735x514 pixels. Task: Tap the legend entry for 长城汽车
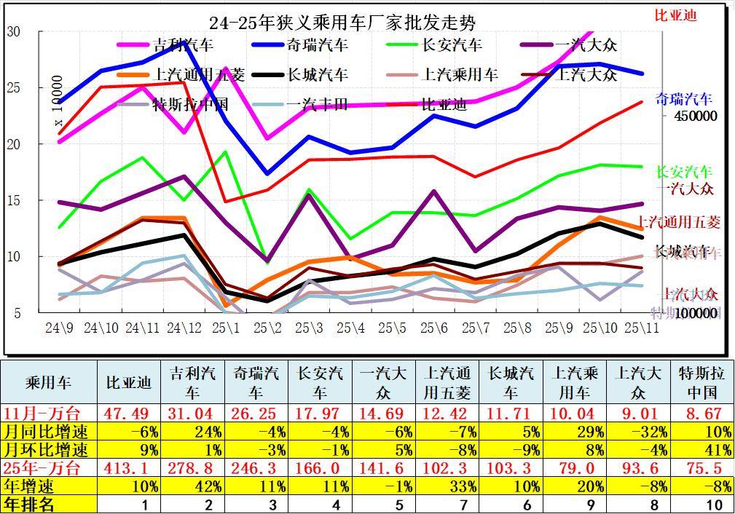coord(318,74)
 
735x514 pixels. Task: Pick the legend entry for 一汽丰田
coord(318,103)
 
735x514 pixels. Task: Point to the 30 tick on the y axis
coord(13,32)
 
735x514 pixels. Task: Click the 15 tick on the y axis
coord(13,200)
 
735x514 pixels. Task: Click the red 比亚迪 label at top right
coord(675,15)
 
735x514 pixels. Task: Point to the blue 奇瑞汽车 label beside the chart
coord(683,99)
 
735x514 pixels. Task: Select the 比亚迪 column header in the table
coord(128,382)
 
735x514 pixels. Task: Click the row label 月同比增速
coord(48,431)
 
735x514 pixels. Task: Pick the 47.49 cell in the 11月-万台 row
coord(130,413)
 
